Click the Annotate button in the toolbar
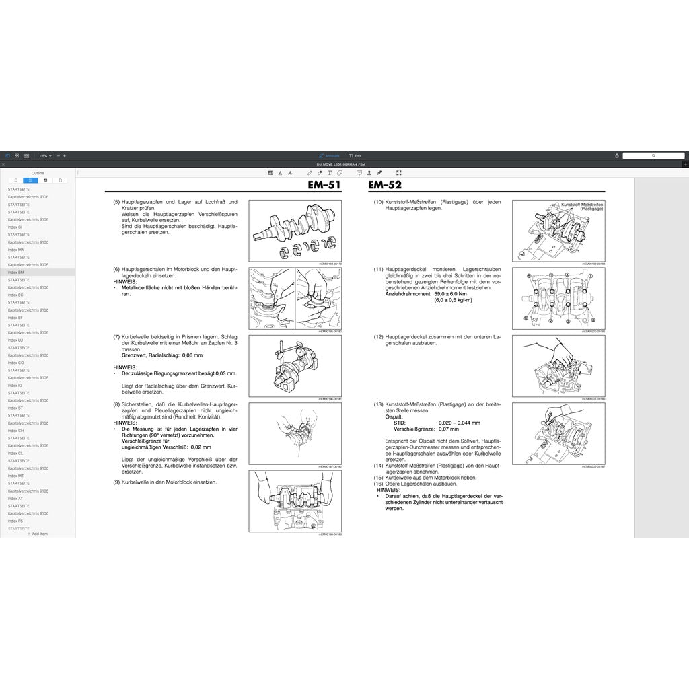click(330, 155)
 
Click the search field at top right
click(653, 155)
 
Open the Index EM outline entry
click(16, 272)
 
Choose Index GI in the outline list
click(15, 227)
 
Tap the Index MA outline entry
click(16, 250)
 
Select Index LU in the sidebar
click(15, 340)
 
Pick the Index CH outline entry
click(16, 430)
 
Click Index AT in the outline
click(15, 499)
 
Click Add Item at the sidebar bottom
click(38, 534)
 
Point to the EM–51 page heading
click(324, 186)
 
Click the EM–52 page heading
click(385, 186)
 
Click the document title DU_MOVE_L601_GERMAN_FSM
click(341, 164)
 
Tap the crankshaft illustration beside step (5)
click(295, 230)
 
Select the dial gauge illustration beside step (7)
click(295, 365)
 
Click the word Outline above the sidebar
click(38, 173)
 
